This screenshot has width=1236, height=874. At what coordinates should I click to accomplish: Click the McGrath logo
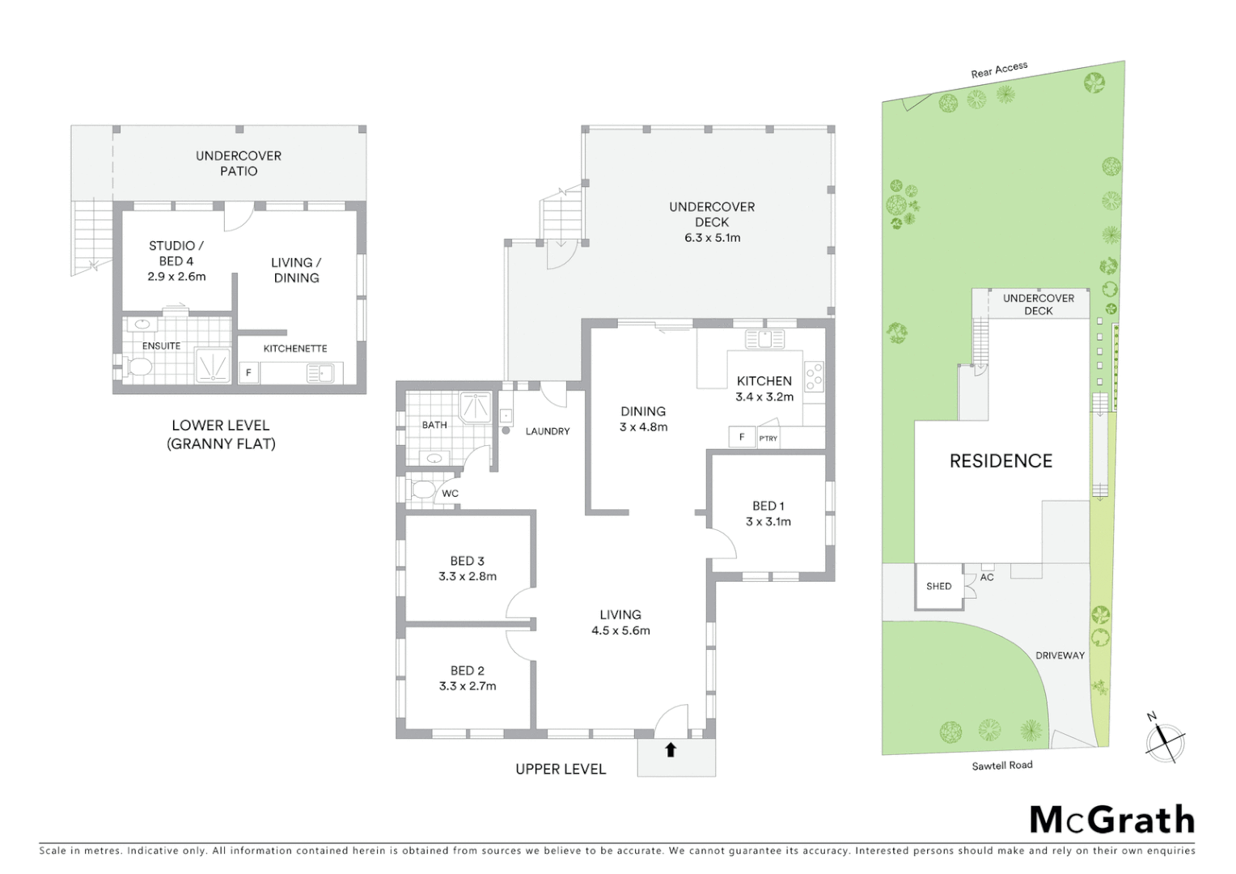(x=1111, y=821)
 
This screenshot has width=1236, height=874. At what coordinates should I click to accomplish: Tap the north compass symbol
(x=1164, y=740)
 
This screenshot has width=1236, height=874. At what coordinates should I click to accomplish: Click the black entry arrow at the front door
(x=670, y=750)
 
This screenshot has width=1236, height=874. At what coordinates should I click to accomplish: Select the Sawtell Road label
(x=1001, y=766)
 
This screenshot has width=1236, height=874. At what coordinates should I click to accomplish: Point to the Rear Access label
(x=999, y=70)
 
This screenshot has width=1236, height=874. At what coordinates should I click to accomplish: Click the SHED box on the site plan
(x=938, y=587)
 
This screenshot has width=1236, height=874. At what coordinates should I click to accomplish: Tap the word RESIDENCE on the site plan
(x=1001, y=461)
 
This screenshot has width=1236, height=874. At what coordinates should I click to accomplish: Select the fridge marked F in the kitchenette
(x=248, y=373)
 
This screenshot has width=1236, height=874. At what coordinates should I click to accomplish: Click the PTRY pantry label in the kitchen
(x=768, y=439)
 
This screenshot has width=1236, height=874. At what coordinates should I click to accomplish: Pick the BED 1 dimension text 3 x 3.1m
(x=768, y=522)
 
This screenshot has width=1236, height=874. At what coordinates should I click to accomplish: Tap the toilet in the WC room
(x=423, y=490)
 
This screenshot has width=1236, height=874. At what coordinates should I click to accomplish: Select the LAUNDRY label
(x=548, y=431)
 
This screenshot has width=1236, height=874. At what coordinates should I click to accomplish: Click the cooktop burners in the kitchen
(x=814, y=377)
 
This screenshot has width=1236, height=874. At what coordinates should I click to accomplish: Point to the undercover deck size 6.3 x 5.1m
(x=712, y=238)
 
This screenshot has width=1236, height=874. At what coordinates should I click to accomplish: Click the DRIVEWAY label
(x=1060, y=655)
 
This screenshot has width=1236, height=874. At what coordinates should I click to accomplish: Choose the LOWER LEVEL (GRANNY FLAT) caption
(x=221, y=435)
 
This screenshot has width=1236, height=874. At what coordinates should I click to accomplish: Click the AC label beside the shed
(x=987, y=577)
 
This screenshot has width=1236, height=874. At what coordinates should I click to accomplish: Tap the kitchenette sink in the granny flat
(x=320, y=373)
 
